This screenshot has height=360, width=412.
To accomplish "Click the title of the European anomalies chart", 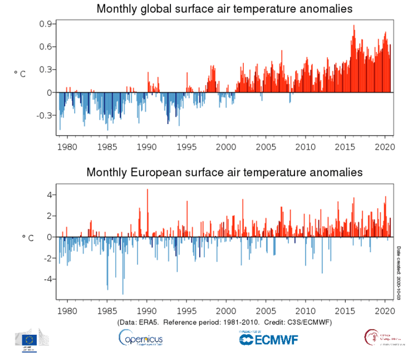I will pos(224,172).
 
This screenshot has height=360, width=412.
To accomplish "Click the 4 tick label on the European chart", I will pos(49,195).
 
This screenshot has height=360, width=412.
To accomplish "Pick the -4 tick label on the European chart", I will pos(47,279).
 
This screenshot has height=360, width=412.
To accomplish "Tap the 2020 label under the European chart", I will pos(385,310).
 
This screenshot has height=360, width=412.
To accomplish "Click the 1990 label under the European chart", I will pos(146,310).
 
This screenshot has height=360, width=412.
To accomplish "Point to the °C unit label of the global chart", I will pos(20,73).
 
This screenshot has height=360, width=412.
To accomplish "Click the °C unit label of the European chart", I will pos(27,238).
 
